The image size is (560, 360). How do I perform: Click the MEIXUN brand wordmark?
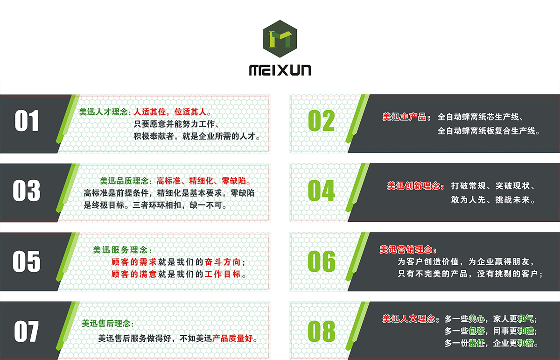(x=280, y=71)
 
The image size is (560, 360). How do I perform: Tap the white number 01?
(x=27, y=121)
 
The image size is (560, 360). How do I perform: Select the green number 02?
(x=322, y=121)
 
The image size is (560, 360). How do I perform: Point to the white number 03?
(x=27, y=191)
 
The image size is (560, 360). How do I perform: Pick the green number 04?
(x=322, y=191)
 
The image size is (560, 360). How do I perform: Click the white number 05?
(x=27, y=261)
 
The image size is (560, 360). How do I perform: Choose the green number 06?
(x=322, y=261)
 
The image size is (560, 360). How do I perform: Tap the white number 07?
(x=27, y=332)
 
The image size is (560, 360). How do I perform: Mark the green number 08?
(x=322, y=332)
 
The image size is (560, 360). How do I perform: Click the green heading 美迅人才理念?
(x=105, y=113)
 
